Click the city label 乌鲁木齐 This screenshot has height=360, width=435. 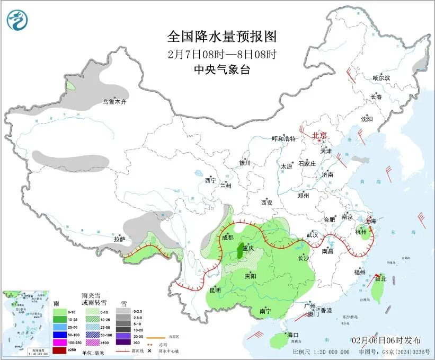click(x=115, y=101)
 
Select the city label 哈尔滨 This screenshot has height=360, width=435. click(x=380, y=78)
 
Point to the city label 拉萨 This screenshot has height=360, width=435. click(x=119, y=239)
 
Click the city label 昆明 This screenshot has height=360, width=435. click(x=215, y=289)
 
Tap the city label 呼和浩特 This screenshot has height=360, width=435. click(x=283, y=138)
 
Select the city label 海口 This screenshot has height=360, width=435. click(x=293, y=335)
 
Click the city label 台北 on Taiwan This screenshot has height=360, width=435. click(x=380, y=278)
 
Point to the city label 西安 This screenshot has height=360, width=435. click(x=266, y=202)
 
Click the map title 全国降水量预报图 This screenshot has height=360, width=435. click(x=222, y=37)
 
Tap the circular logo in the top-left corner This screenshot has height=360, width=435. click(x=17, y=20)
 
